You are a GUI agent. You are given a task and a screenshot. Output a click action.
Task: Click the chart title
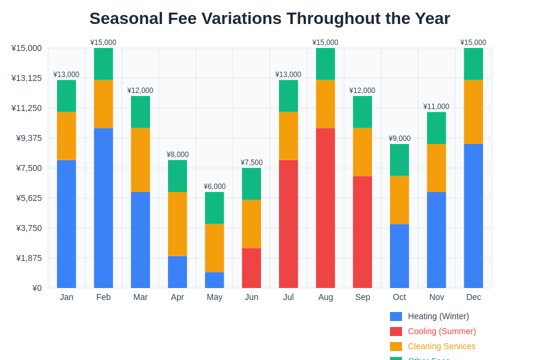pyautogui.click(x=269, y=19)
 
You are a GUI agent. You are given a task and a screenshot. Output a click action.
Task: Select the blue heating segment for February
pyautogui.click(x=103, y=208)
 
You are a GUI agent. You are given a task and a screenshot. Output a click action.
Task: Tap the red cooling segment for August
pyautogui.click(x=325, y=208)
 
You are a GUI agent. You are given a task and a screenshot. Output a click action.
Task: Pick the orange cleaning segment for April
pyautogui.click(x=177, y=224)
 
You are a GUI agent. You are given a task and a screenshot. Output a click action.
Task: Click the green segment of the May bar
pyautogui.click(x=214, y=208)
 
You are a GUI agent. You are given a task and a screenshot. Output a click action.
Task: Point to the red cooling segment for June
pyautogui.click(x=251, y=268)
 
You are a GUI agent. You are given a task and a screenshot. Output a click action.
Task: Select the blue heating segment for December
pyautogui.click(x=473, y=216)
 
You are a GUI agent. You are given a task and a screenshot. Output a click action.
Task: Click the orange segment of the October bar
pyautogui.click(x=399, y=200)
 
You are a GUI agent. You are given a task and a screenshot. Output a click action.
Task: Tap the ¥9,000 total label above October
pyautogui.click(x=399, y=139)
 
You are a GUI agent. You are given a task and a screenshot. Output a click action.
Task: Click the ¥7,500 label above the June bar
pyautogui.click(x=251, y=163)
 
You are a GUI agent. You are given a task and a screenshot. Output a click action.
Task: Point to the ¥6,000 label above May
pyautogui.click(x=214, y=187)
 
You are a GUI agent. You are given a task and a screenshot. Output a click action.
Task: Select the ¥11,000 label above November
pyautogui.click(x=436, y=107)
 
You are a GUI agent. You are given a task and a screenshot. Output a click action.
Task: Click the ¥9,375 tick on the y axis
pyautogui.click(x=29, y=138)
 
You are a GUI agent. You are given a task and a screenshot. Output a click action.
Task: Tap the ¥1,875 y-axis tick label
pyautogui.click(x=29, y=258)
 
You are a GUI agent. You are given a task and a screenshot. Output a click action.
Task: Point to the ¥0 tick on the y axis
pyautogui.click(x=37, y=288)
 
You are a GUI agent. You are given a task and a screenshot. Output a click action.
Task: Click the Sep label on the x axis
pyautogui.click(x=362, y=297)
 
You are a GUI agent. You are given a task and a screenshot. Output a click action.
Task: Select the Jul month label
pyautogui.click(x=288, y=297)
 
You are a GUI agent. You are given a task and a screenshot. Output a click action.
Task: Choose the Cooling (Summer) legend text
pyautogui.click(x=442, y=331)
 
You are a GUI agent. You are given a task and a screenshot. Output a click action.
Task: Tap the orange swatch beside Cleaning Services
pyautogui.click(x=396, y=346)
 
